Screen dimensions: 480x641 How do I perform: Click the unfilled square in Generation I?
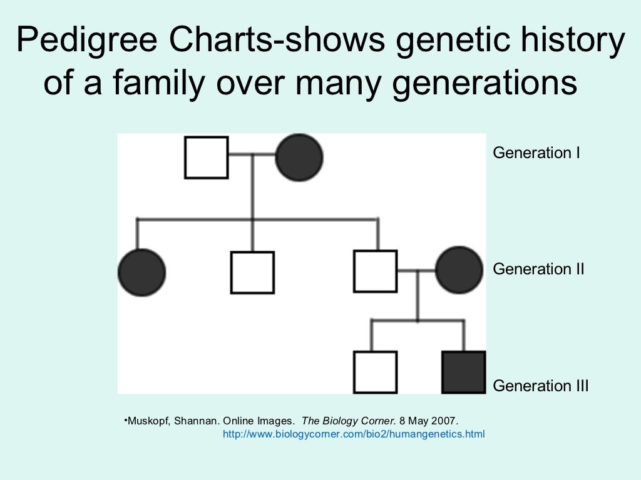pos(207,157)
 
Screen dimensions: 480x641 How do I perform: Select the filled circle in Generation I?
pos(299,157)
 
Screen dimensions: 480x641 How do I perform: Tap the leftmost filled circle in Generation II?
pos(141,272)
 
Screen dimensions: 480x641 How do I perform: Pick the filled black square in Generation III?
pos(464,372)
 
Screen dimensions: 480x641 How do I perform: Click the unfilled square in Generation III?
pos(376,372)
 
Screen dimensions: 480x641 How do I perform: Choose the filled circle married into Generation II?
pos(459,270)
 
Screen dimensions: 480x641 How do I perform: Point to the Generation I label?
pos(536,152)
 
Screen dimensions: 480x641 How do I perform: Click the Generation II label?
pos(538,269)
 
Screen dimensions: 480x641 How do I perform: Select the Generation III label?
pos(541,386)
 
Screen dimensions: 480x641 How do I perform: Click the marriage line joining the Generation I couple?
pos(252,154)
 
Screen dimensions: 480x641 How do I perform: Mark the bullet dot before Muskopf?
pos(125,419)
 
